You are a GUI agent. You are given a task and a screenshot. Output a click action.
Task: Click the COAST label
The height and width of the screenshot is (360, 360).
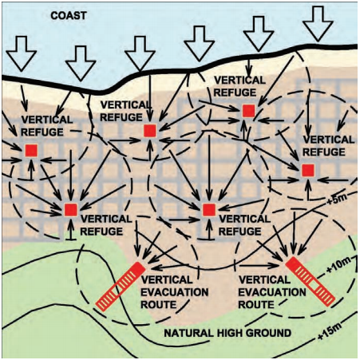(x=69, y=16)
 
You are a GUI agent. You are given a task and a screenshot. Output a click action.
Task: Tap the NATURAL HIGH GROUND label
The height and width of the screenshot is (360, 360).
(x=227, y=333)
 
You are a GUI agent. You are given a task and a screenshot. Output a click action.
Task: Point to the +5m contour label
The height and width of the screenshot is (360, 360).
(x=333, y=200)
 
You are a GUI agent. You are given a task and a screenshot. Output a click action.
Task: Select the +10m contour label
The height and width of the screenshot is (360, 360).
(x=337, y=266)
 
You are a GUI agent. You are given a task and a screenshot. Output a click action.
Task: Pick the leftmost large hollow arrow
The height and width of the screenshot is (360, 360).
(x=22, y=53)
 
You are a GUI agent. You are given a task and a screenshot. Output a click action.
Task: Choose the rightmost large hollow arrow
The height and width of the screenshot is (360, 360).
(x=318, y=24)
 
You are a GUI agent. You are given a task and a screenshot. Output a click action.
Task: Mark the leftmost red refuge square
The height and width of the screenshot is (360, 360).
(x=31, y=151)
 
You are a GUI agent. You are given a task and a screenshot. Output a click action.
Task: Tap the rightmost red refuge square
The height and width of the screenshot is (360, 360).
(x=308, y=170)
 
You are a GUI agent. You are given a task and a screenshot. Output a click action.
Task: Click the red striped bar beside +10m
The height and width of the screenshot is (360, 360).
(x=310, y=282)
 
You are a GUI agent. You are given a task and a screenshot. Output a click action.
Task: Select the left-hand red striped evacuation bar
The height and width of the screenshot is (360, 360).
(x=121, y=287)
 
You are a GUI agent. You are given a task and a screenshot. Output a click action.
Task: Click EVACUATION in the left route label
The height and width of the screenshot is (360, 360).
(x=175, y=292)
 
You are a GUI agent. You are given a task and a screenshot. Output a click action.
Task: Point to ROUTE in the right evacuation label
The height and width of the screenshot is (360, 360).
(x=256, y=305)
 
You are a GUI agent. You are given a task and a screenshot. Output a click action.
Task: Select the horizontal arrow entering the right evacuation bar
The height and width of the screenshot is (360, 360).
(x=259, y=265)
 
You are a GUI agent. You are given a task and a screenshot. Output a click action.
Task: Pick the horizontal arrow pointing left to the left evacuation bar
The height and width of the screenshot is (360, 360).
(x=172, y=266)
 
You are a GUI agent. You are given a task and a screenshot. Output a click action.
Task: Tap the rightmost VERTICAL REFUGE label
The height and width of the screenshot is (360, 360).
(x=329, y=146)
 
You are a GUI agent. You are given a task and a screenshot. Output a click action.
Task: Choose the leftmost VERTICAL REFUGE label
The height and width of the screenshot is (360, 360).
(x=47, y=126)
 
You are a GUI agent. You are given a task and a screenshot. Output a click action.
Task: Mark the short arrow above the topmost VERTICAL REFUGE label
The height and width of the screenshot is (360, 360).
(x=249, y=66)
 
